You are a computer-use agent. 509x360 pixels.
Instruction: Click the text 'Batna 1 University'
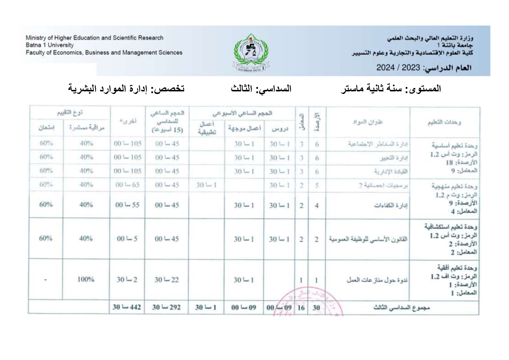tap(50, 45)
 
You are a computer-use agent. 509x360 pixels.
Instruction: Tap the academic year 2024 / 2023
tap(398, 68)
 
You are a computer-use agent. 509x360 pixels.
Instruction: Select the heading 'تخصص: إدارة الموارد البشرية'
tap(126, 88)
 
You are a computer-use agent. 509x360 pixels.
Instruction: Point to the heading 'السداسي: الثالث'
tap(261, 88)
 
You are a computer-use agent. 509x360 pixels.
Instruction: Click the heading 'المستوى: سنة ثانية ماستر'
tap(391, 88)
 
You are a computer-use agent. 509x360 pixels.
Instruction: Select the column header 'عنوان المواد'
tap(367, 122)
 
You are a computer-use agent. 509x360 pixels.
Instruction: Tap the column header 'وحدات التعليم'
tap(444, 122)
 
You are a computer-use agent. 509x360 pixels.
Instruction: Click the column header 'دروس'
tap(280, 128)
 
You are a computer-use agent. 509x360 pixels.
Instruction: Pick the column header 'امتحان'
tap(46, 128)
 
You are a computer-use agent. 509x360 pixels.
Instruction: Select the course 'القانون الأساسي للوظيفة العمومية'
tap(368, 239)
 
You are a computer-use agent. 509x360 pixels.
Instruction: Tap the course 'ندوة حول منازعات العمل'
tap(377, 280)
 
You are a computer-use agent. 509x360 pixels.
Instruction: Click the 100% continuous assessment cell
tap(86, 279)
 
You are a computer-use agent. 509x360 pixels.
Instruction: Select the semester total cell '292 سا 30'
tap(166, 307)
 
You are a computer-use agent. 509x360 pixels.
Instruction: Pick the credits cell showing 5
tap(317, 185)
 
